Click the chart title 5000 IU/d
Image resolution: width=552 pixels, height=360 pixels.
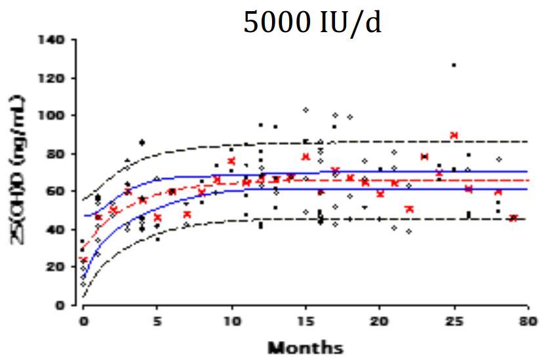click(312, 23)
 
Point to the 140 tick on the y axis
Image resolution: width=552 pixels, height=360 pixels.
click(55, 40)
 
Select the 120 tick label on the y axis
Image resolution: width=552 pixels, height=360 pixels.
click(55, 78)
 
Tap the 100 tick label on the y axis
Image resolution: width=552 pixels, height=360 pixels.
click(55, 116)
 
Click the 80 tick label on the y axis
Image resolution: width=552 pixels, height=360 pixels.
click(58, 153)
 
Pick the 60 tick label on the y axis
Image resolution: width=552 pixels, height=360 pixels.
click(58, 191)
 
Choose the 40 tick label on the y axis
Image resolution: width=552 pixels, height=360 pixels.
click(58, 230)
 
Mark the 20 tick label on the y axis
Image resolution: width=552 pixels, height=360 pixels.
click(58, 267)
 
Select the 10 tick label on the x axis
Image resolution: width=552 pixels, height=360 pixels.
click(230, 321)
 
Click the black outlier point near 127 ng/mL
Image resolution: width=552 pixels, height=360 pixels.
click(454, 65)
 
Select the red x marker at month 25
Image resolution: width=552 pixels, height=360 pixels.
click(454, 135)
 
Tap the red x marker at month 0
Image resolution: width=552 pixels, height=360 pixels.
click(83, 260)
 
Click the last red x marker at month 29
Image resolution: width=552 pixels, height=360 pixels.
click(513, 218)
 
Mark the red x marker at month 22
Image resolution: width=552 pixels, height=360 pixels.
click(409, 209)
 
